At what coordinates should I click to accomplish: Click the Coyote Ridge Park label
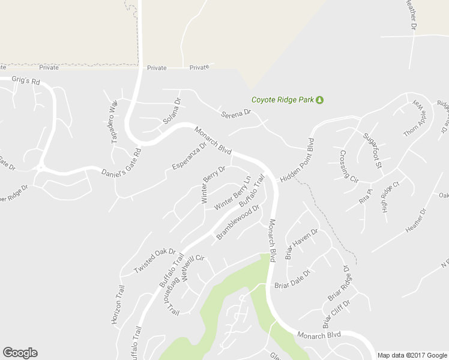click(x=283, y=100)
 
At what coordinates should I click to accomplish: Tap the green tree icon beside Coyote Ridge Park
click(x=320, y=100)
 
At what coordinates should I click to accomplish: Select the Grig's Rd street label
click(x=25, y=80)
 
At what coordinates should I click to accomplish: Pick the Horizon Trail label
click(x=118, y=304)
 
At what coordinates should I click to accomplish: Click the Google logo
click(x=20, y=353)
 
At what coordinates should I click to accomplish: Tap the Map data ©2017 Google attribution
click(x=412, y=355)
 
